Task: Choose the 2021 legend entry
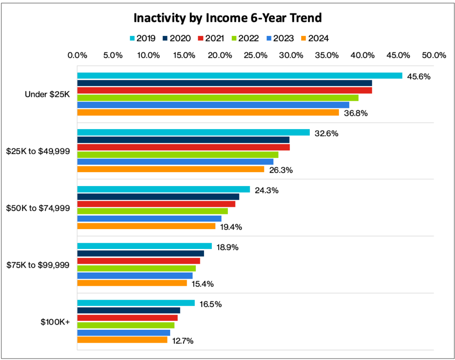pos(211,38)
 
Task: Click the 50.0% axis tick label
pos(434,55)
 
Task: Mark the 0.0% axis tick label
pos(77,55)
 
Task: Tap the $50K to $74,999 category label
pos(38,208)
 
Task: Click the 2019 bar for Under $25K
pos(240,76)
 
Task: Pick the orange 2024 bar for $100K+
pos(122,340)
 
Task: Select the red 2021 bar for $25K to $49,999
pos(184,147)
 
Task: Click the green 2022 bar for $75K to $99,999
pos(136,268)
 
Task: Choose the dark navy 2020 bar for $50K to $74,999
pos(158,197)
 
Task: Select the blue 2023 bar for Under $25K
pos(213,105)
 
